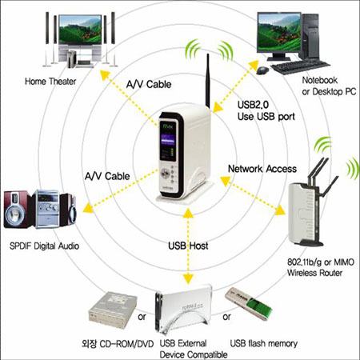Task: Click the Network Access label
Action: [x=262, y=168]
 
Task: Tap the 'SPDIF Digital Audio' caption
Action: [x=47, y=246]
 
